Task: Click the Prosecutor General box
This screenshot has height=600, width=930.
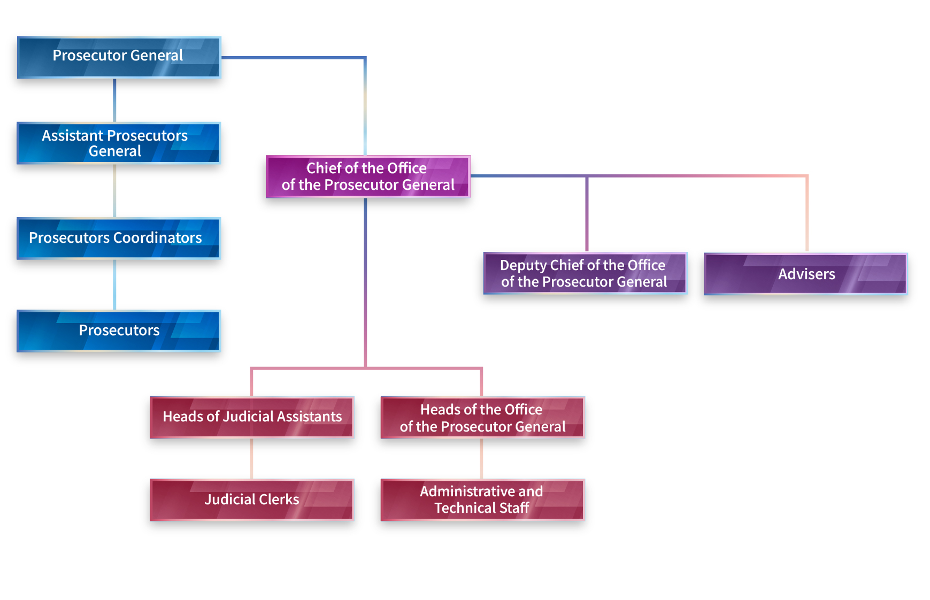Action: pyautogui.click(x=119, y=57)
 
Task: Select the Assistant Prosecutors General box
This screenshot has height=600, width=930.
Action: pyautogui.click(x=119, y=143)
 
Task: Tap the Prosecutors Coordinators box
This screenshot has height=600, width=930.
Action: pyautogui.click(x=119, y=239)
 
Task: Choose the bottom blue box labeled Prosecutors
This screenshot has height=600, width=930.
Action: pyautogui.click(x=119, y=331)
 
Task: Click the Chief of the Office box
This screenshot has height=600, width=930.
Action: pyautogui.click(x=368, y=176)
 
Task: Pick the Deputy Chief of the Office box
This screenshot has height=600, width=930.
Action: pyautogui.click(x=585, y=273)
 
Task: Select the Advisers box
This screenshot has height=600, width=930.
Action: pyautogui.click(x=806, y=274)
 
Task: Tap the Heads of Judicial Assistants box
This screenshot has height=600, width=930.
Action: pyautogui.click(x=252, y=417)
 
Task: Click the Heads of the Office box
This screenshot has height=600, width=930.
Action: pyautogui.click(x=482, y=417)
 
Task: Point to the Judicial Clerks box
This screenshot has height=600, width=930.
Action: pyautogui.click(x=252, y=499)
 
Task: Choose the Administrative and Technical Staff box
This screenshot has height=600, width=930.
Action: pyautogui.click(x=482, y=499)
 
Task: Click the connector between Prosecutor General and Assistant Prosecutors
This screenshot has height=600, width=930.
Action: pyautogui.click(x=114, y=101)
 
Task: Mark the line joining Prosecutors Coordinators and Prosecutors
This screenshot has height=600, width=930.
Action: pyautogui.click(x=114, y=284)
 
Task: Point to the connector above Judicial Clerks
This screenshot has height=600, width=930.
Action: pyautogui.click(x=251, y=458)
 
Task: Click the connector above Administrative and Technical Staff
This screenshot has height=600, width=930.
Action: pyautogui.click(x=481, y=458)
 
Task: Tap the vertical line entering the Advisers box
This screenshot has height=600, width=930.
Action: pyautogui.click(x=807, y=213)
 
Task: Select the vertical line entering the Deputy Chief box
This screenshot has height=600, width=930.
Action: pyautogui.click(x=587, y=213)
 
